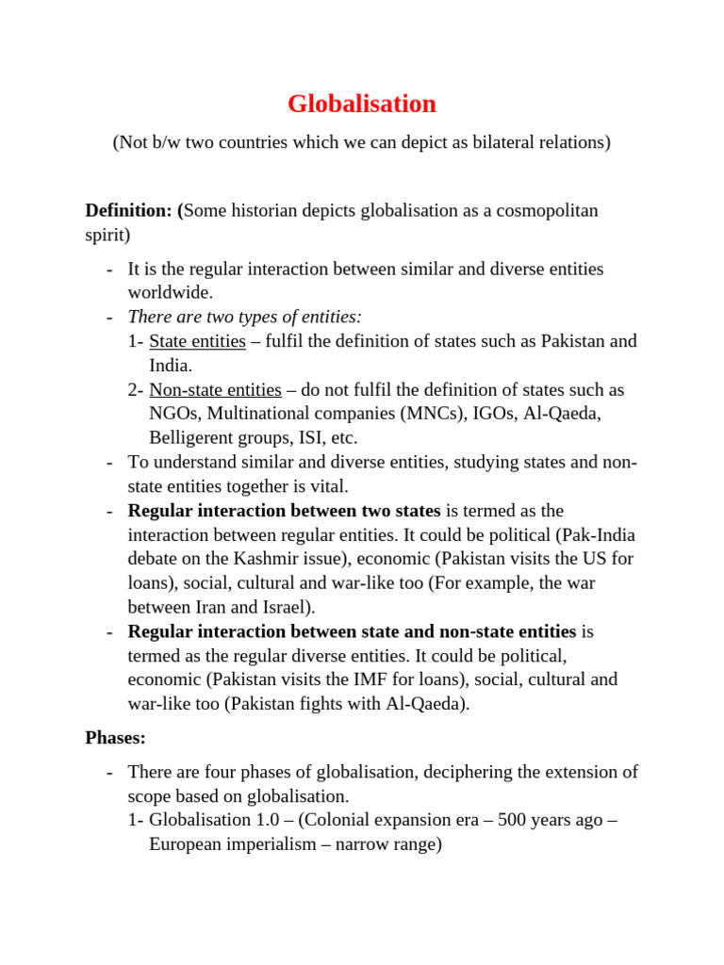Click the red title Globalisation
tap(361, 104)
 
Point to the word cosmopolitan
tap(542, 210)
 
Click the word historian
tap(261, 210)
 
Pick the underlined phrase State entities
tap(198, 341)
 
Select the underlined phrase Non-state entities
tap(215, 389)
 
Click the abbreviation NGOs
tap(173, 414)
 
